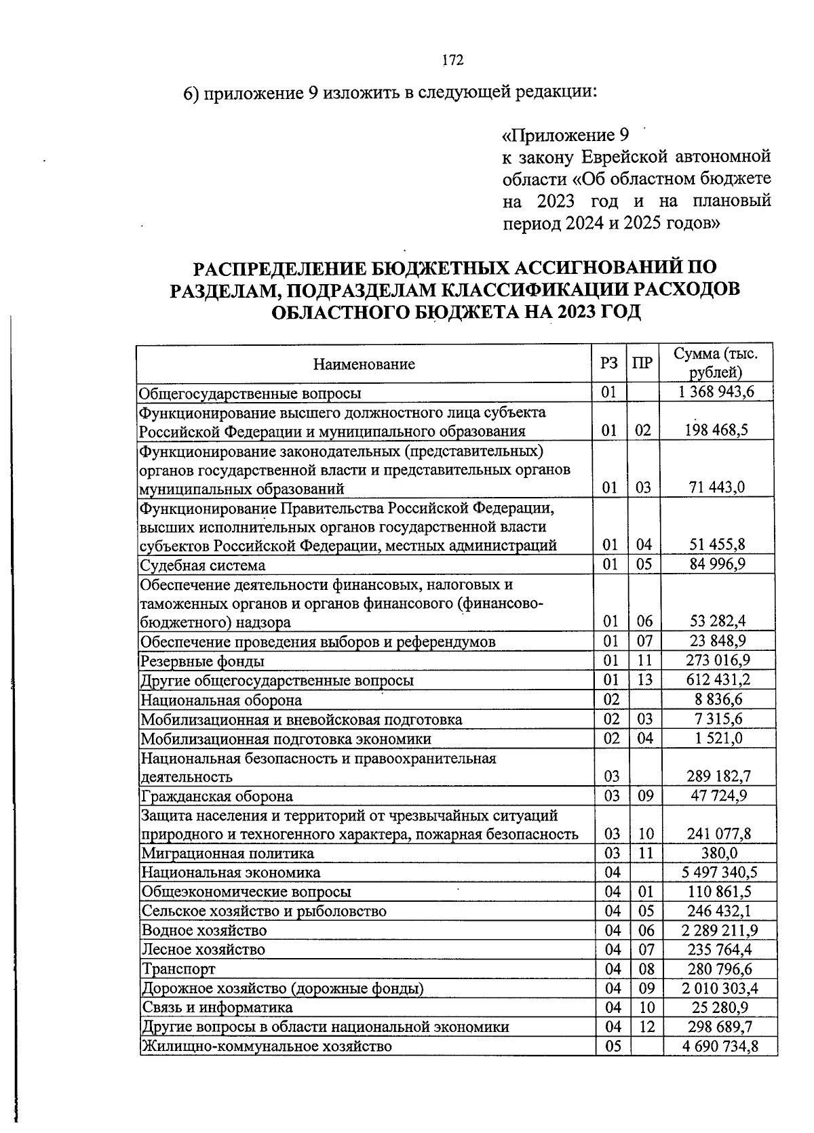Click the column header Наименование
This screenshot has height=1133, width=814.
[364, 364]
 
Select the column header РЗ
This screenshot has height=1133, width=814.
[609, 363]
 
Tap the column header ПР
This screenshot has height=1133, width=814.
[642, 363]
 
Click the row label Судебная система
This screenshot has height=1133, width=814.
[203, 565]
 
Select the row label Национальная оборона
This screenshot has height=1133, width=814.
[221, 700]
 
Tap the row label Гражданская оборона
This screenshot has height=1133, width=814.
[217, 795]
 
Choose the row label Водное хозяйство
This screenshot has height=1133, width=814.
[204, 930]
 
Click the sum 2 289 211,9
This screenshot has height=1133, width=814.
[720, 930]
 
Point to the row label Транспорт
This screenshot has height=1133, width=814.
[178, 969]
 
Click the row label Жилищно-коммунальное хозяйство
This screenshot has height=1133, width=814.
[267, 1046]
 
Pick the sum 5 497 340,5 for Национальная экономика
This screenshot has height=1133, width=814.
[720, 872]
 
